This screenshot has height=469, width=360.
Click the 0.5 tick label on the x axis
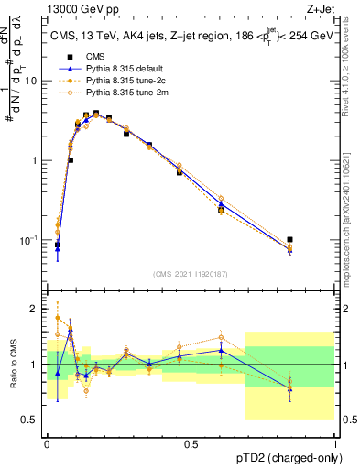191,442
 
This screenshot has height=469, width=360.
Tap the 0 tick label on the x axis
47,442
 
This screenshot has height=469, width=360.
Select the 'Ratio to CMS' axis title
13,365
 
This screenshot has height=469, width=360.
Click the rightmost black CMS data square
290,240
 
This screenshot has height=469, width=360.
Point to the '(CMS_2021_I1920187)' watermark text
191,274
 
